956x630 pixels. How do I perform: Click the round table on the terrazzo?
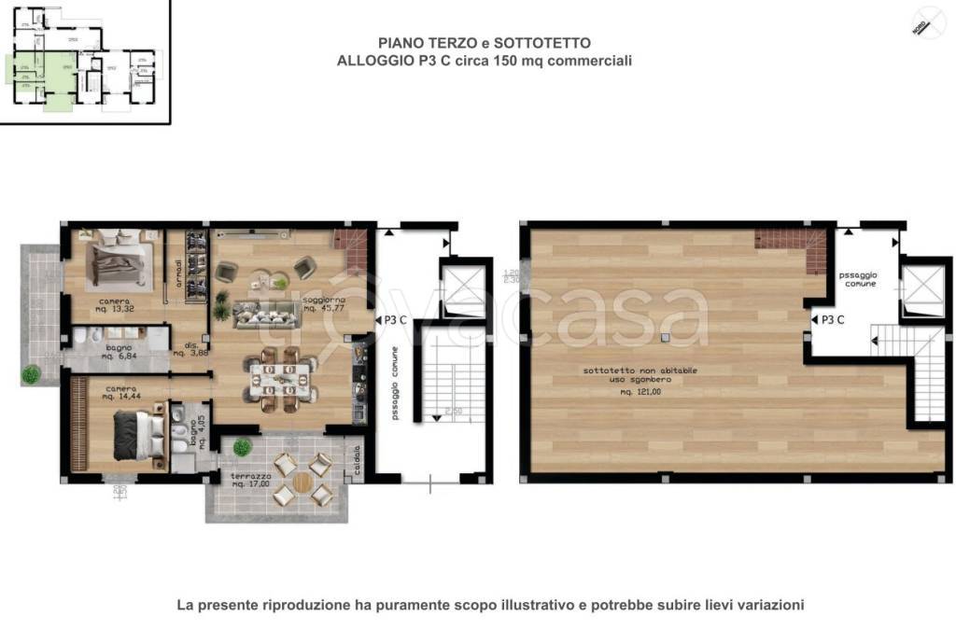point(303,482)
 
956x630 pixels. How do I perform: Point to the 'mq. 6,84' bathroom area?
point(119,356)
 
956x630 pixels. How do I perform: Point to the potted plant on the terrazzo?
point(242,448)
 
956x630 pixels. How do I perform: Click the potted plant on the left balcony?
point(31,374)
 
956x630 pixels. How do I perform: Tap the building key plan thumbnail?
point(84,61)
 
